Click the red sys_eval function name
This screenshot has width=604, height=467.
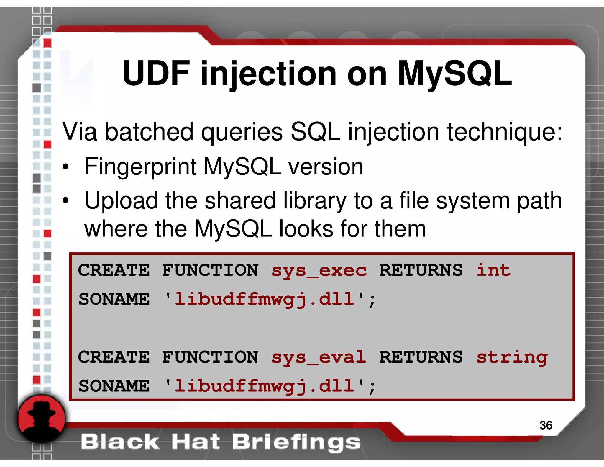pos(319,357)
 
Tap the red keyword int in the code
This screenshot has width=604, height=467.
pos(493,270)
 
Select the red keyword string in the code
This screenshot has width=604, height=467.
pos(512,357)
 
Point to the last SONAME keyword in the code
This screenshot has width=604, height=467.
pos(114,386)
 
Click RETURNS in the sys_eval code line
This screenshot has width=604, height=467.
pos(421,357)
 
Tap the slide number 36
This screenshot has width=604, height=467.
pos(546,425)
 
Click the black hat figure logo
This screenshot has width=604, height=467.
pos(41,419)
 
